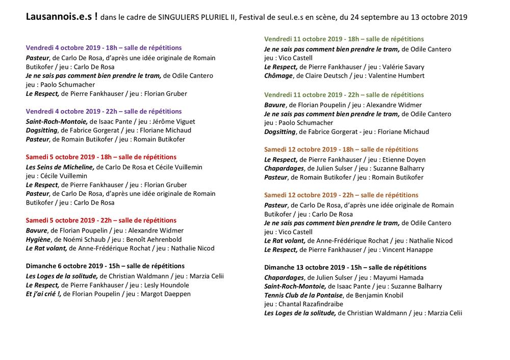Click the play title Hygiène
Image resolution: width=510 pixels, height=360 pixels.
(x=38, y=239)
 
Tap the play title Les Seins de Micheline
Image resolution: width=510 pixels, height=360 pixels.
(x=60, y=167)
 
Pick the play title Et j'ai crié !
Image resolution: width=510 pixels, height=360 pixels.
(x=43, y=294)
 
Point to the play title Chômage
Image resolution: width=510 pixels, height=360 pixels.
(x=278, y=75)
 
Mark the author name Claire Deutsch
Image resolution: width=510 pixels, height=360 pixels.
(x=324, y=75)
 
